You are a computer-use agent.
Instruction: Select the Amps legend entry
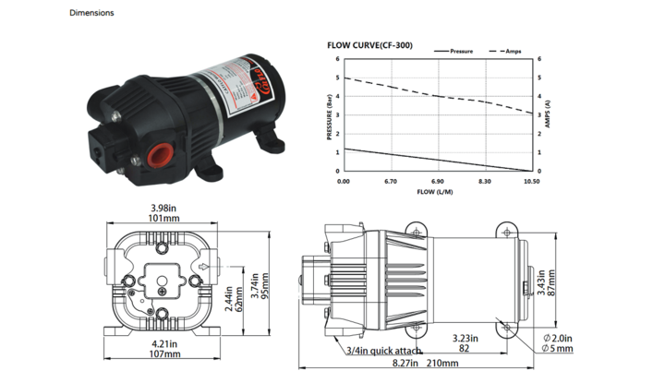tap(514, 52)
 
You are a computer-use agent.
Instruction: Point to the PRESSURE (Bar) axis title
tap(329, 116)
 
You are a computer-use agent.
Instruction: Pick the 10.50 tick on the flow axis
tap(531, 182)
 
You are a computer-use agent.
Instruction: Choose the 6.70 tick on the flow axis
tap(390, 182)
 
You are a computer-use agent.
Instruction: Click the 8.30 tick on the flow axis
tap(484, 182)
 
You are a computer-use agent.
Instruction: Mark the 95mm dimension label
tap(264, 297)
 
